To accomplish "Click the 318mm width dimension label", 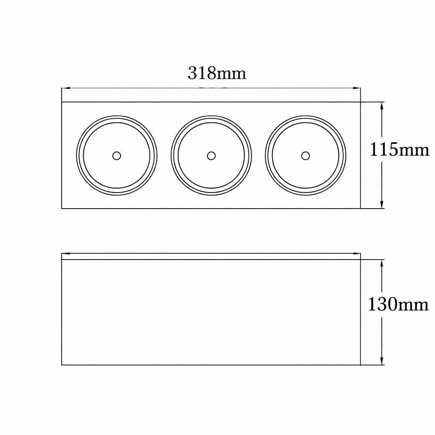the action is click(x=217, y=73).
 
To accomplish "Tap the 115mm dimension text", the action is click(x=399, y=150).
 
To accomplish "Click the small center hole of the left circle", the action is click(x=116, y=155).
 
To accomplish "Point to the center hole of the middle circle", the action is click(x=211, y=155).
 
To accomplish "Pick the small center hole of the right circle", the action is click(x=305, y=155).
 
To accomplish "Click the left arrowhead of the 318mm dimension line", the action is click(x=65, y=88).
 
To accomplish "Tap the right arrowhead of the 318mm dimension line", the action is click(x=356, y=88).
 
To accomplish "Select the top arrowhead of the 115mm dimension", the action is click(x=382, y=106).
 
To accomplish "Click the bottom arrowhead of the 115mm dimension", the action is click(x=382, y=204).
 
